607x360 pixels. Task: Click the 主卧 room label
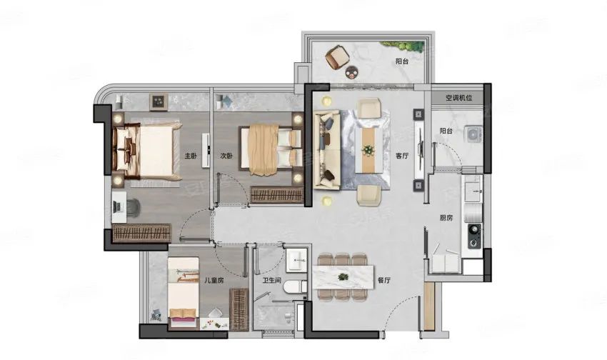point(191,156)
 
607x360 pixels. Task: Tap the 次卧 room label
point(226,156)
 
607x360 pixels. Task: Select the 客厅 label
point(402,156)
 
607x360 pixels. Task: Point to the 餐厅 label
point(383,281)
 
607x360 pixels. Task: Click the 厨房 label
point(446,218)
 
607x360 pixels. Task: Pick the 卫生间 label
point(271,280)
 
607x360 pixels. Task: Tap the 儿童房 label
point(214,280)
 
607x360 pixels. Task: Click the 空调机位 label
point(458,98)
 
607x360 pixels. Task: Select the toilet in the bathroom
point(295,287)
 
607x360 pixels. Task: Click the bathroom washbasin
point(296,261)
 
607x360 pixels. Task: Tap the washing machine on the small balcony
point(473,134)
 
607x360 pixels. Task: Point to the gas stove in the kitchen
point(475,236)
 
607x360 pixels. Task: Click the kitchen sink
point(473,189)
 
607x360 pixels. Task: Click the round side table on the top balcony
point(351,71)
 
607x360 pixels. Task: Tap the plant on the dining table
point(342,276)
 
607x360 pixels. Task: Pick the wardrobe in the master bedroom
point(141,233)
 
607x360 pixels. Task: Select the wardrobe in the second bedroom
point(277,195)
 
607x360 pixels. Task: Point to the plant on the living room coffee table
point(367,149)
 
